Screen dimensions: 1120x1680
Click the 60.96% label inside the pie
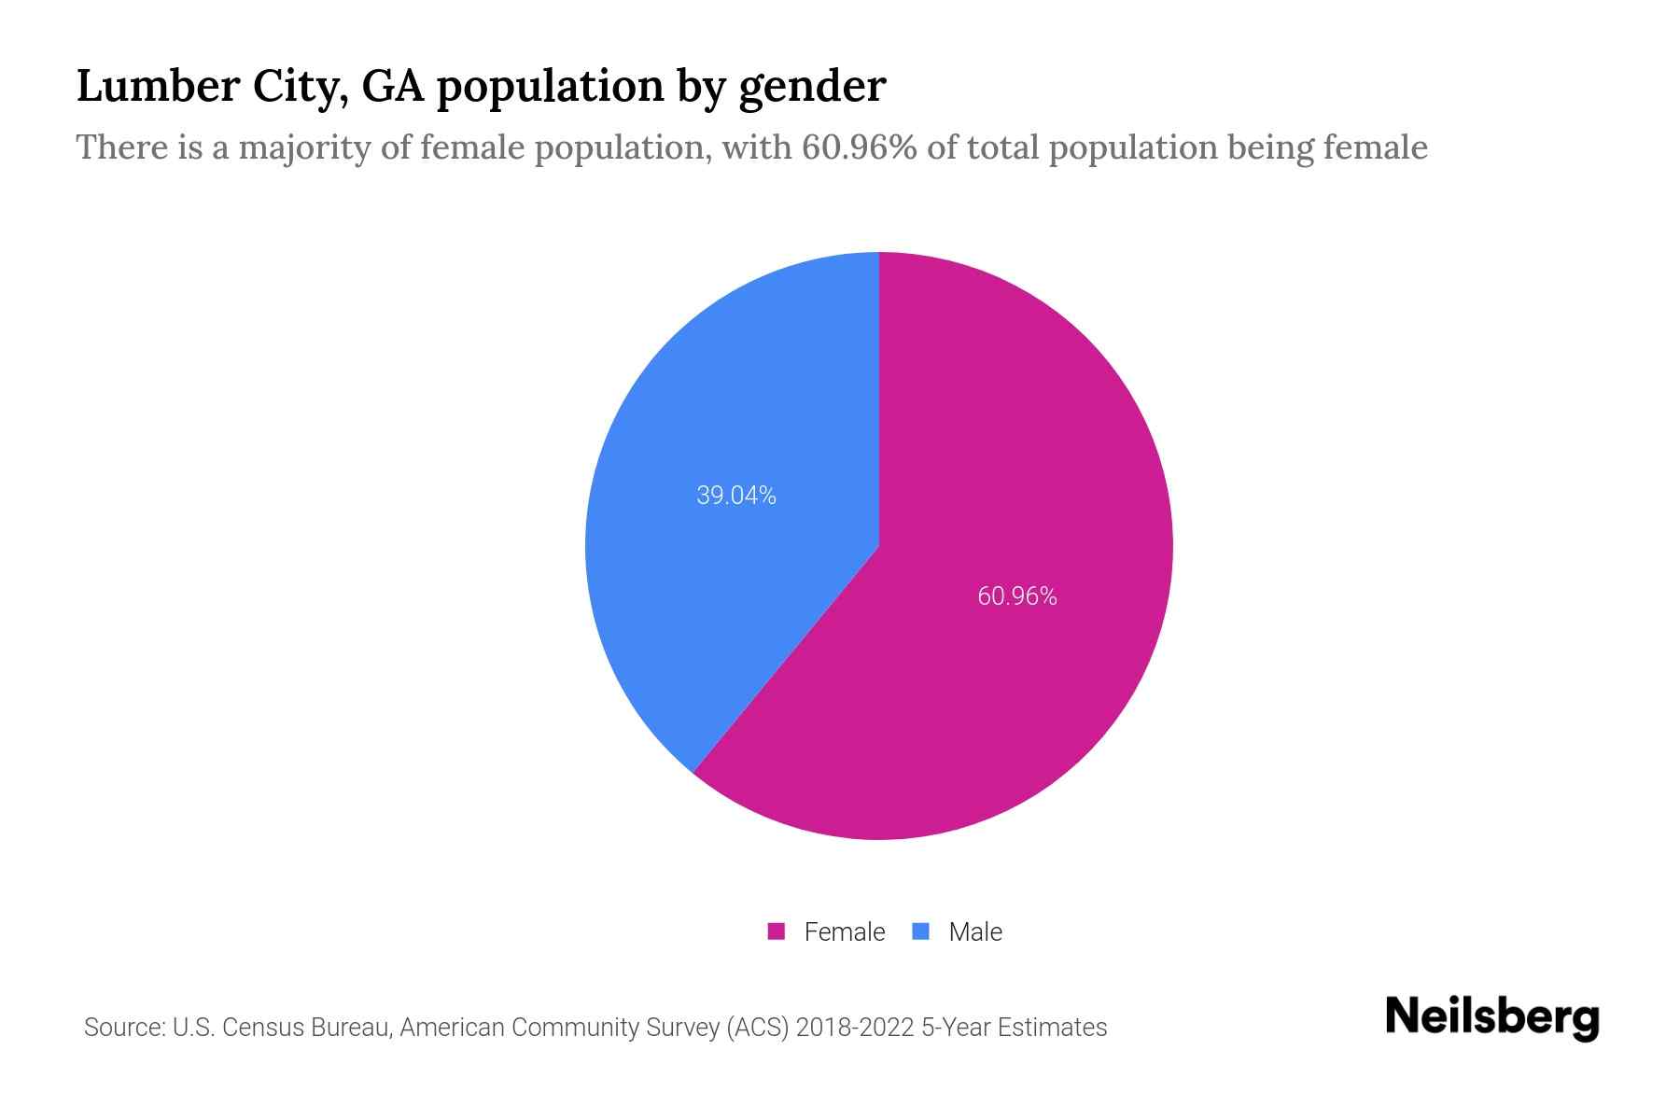[x=1016, y=596]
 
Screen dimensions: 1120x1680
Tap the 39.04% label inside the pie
[x=736, y=496]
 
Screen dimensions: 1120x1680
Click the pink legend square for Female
[x=776, y=931]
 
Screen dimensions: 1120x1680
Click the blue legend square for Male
[x=921, y=931]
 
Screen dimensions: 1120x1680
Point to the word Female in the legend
[x=844, y=931]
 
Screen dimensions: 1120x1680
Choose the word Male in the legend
[x=974, y=931]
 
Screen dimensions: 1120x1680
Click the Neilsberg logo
[x=1491, y=1017]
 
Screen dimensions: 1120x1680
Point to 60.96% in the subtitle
[x=859, y=147]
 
